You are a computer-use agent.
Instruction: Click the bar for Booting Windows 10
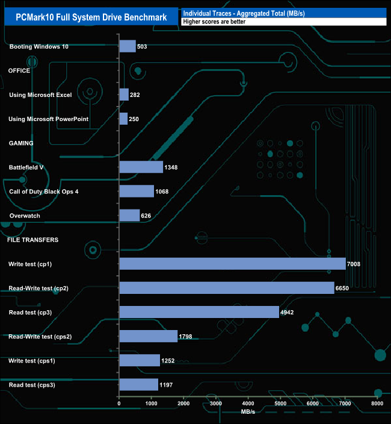pos(128,46)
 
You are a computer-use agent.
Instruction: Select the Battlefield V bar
pos(141,167)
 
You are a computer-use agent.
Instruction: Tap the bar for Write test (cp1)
pos(232,264)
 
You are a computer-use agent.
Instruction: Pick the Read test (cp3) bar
pos(199,312)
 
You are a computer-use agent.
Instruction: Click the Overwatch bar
pos(129,216)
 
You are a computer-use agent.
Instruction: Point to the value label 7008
pos(355,264)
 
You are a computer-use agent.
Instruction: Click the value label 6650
pos(343,288)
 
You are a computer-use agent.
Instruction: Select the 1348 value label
pos(173,167)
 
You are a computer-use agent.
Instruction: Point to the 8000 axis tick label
pos(377,403)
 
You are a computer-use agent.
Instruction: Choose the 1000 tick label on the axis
pos(152,403)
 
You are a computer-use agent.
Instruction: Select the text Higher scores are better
pos(214,21)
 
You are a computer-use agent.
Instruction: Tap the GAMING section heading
pos(20,143)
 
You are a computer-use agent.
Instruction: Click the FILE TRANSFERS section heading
pos(32,240)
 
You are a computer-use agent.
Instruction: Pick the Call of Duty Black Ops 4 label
pos(44,192)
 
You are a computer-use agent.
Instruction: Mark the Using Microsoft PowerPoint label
pos(49,119)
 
